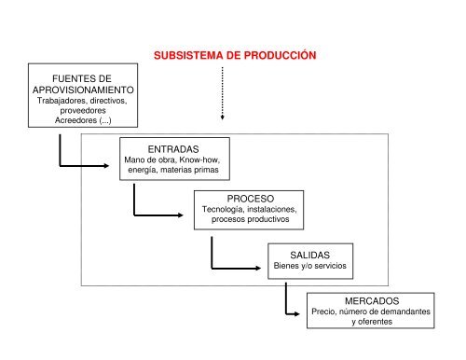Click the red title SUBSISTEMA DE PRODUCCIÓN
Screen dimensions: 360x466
(x=234, y=55)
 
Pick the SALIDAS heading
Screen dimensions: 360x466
(x=308, y=254)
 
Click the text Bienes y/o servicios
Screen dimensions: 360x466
(x=308, y=266)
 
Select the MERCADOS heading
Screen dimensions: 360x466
(x=372, y=302)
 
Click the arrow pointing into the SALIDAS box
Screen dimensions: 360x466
(x=238, y=264)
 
